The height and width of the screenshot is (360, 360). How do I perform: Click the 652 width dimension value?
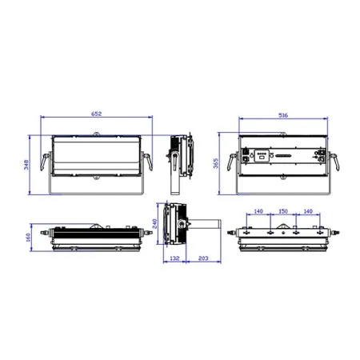[x=96, y=114]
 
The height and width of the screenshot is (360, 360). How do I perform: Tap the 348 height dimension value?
[x=26, y=165]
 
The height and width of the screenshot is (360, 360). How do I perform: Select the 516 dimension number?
[x=283, y=115]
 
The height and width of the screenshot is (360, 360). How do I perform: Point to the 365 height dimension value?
[x=216, y=163]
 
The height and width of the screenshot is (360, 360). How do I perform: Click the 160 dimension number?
[x=29, y=238]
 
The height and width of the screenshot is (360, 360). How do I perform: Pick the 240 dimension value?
[x=154, y=223]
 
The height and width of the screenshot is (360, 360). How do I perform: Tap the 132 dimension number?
[x=174, y=258]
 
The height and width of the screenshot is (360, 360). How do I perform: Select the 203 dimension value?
[x=203, y=258]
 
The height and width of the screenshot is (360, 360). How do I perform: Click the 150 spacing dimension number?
[x=283, y=211]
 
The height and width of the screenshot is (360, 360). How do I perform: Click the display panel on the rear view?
[x=262, y=156]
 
